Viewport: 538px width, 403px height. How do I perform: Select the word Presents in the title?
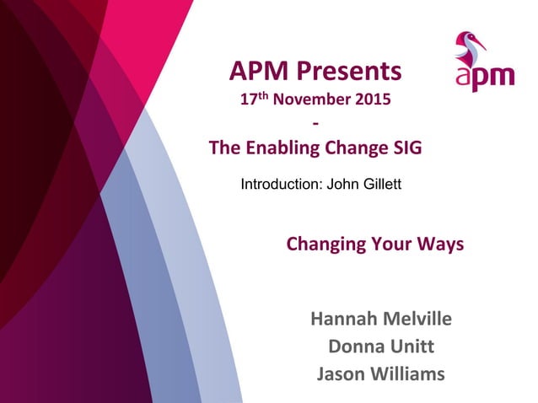(x=348, y=70)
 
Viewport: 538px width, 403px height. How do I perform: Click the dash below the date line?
(x=315, y=125)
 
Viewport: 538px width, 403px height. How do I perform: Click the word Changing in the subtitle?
(x=325, y=245)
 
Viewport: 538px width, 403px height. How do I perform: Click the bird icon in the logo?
(x=470, y=48)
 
